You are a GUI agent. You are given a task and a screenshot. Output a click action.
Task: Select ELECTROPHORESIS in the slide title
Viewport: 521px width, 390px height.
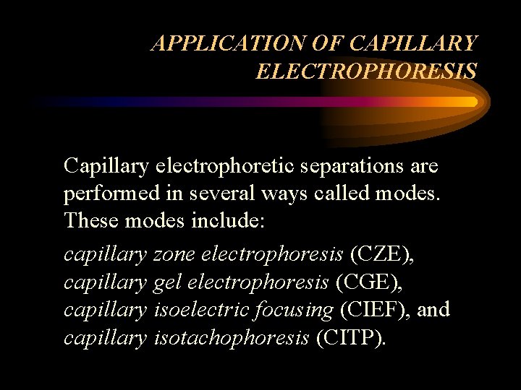click(366, 71)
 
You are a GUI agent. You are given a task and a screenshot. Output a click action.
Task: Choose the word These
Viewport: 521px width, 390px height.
click(92, 221)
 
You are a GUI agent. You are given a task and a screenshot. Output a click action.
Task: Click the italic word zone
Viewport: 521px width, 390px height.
click(175, 254)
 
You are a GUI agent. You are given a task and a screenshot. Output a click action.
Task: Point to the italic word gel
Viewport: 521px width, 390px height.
click(166, 282)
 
